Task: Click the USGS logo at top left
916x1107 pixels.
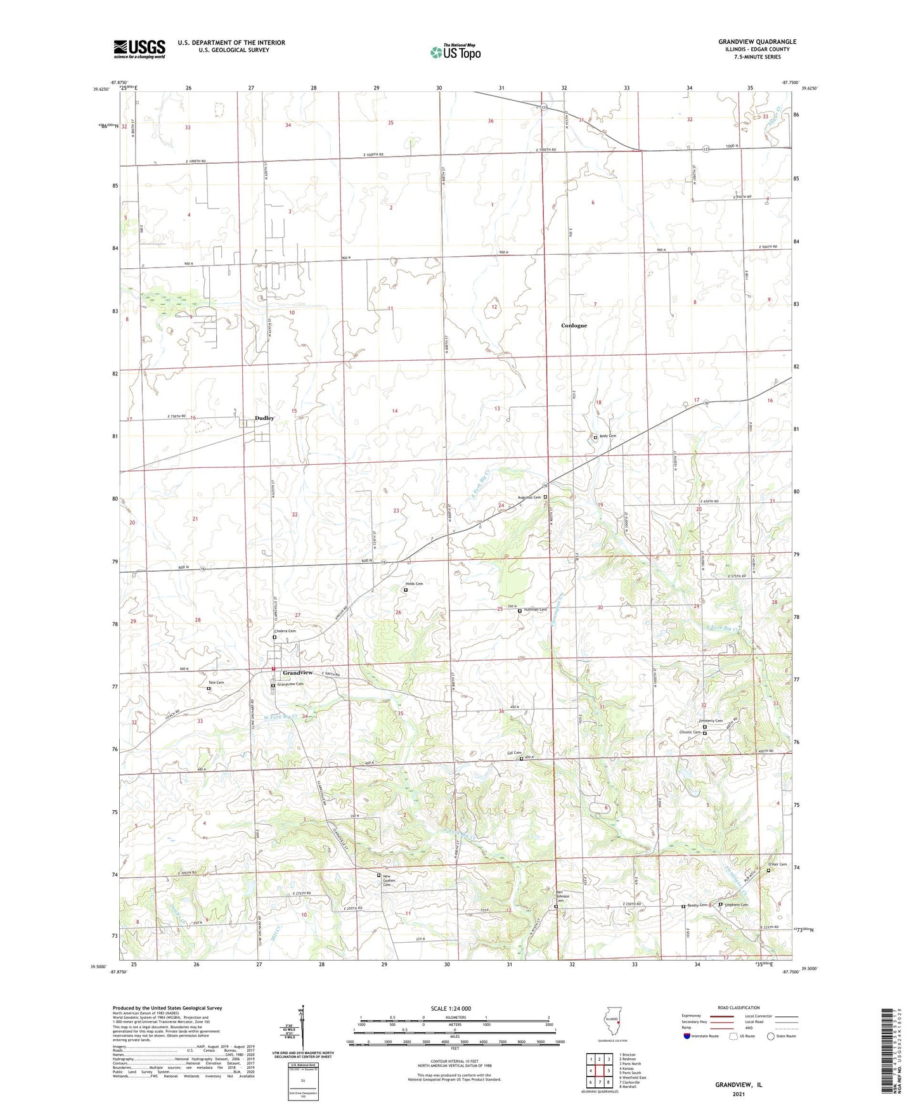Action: click(139, 48)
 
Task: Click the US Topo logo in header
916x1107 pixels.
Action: click(455, 51)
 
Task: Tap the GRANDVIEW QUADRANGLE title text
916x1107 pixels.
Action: click(757, 42)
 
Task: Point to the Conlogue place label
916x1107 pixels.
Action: click(574, 325)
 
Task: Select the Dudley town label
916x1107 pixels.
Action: click(264, 418)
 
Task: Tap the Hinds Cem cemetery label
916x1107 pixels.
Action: click(414, 583)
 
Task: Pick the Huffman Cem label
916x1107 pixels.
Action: click(534, 610)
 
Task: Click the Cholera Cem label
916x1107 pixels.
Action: click(284, 631)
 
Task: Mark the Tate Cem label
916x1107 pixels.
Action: click(216, 683)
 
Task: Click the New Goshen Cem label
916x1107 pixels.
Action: click(392, 880)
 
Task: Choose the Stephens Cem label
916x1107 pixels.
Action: click(735, 905)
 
